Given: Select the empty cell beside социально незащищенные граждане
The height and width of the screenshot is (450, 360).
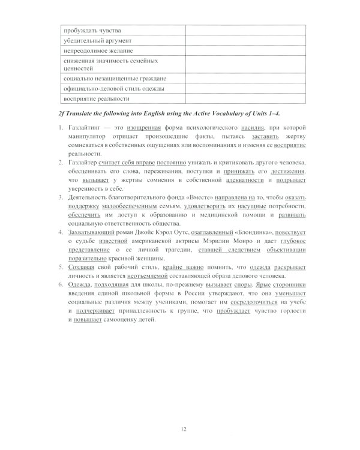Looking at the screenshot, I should pyautogui.click(x=245, y=79).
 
